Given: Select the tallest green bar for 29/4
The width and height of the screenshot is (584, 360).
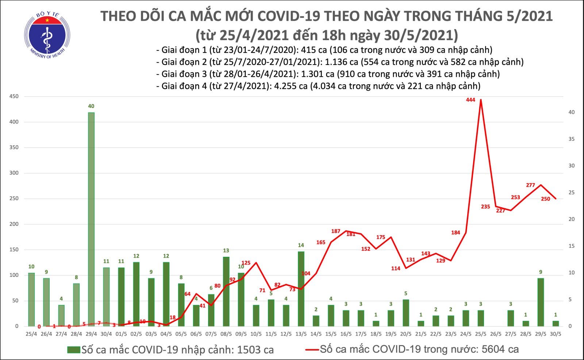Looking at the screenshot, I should (x=91, y=219).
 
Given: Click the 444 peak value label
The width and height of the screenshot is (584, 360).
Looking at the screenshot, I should (x=470, y=100).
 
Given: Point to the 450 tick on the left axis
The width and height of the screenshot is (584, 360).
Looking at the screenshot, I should (x=14, y=96).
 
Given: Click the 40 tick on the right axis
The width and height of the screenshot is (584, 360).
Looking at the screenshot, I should (x=572, y=112).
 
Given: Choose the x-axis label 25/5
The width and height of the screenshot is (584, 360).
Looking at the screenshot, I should (x=481, y=334).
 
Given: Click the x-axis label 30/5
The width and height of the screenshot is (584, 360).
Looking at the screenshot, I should (x=556, y=334).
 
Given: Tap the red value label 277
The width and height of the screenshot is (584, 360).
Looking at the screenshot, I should (x=530, y=185).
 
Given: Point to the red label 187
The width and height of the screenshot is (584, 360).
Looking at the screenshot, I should (x=335, y=231).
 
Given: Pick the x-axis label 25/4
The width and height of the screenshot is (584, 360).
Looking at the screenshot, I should (x=31, y=334).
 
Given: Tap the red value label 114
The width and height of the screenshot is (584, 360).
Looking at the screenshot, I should (x=396, y=268).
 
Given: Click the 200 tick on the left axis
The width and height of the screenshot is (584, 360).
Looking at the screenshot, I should (x=14, y=224).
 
